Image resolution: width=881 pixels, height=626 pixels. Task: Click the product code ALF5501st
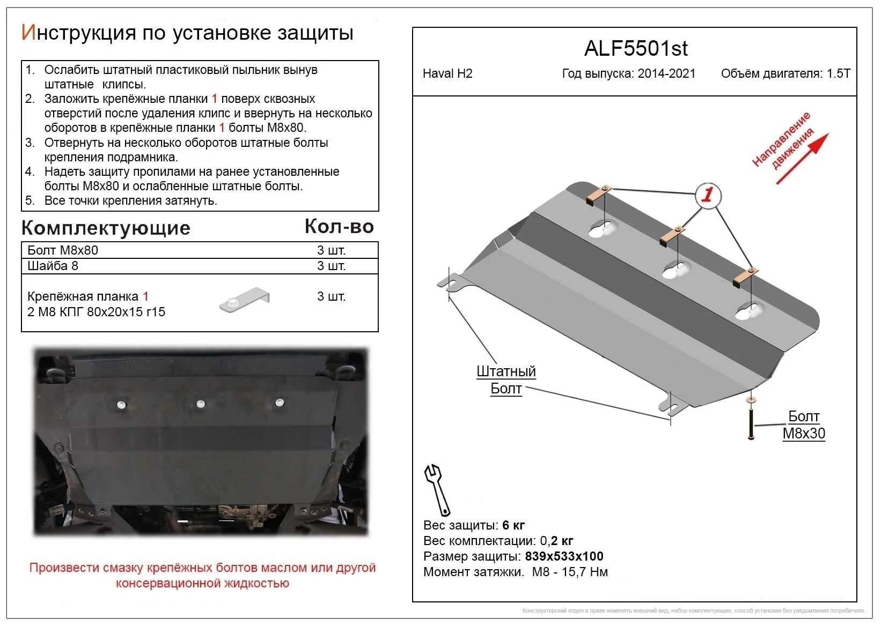[635, 49]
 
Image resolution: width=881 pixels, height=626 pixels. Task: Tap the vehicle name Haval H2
[447, 74]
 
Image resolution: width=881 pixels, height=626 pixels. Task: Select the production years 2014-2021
[666, 74]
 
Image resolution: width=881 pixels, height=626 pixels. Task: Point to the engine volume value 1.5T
[839, 74]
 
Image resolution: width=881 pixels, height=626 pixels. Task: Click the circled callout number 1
[708, 195]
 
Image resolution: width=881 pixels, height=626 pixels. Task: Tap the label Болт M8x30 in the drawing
[803, 425]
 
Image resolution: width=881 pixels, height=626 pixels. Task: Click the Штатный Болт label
[506, 379]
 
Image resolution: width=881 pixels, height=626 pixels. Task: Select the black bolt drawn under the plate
[751, 422]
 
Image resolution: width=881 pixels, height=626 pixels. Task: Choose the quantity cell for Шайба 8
[331, 266]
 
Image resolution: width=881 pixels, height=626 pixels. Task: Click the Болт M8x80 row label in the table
[63, 250]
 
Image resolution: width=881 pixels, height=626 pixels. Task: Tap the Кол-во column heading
[339, 227]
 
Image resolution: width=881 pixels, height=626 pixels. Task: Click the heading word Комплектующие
[106, 228]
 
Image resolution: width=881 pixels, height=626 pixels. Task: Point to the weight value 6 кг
[513, 525]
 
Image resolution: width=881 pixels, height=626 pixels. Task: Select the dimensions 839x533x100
[564, 556]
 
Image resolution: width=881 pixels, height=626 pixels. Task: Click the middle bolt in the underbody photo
[201, 404]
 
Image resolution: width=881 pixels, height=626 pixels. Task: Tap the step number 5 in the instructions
[30, 201]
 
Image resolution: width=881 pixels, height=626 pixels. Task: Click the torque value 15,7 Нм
[584, 572]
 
